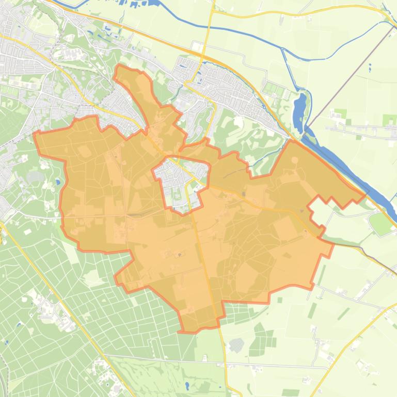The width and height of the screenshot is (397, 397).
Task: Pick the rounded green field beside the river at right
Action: pyautogui.click(x=381, y=223)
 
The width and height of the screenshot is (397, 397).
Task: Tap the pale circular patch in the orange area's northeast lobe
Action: pyautogui.click(x=294, y=160)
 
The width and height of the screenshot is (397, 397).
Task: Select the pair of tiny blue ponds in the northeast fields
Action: pyautogui.click(x=370, y=67)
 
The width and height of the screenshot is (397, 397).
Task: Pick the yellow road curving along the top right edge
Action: pyautogui.click(x=310, y=9)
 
